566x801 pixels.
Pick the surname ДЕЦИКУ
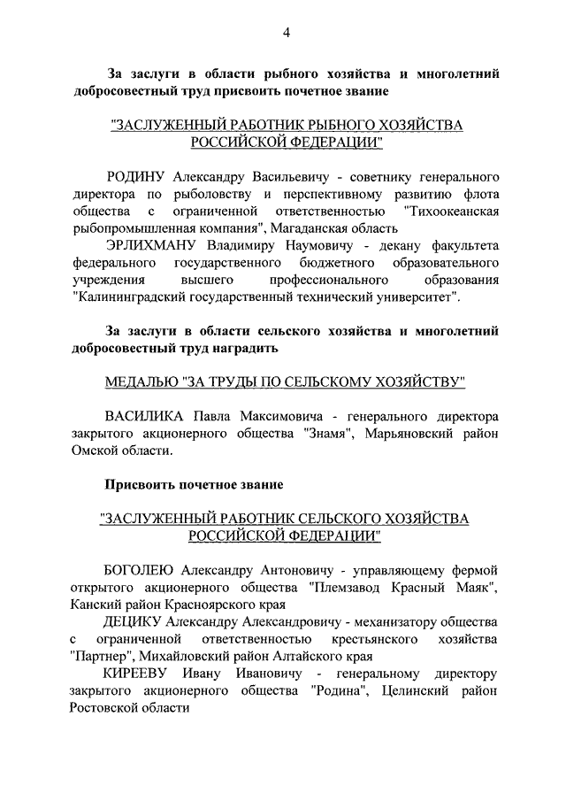[x=134, y=621]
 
